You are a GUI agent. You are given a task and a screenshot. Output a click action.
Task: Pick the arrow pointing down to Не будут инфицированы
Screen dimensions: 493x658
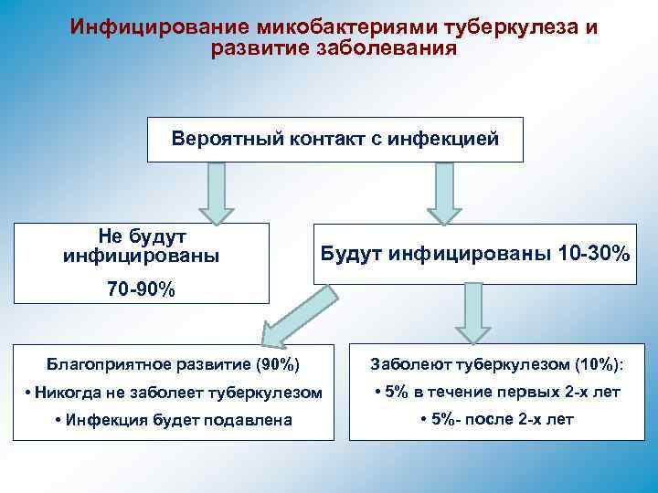pyautogui.click(x=217, y=193)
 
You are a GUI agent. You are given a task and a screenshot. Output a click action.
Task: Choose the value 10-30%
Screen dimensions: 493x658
pyautogui.click(x=593, y=253)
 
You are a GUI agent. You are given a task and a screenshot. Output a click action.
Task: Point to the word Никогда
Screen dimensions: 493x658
pyautogui.click(x=66, y=393)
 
